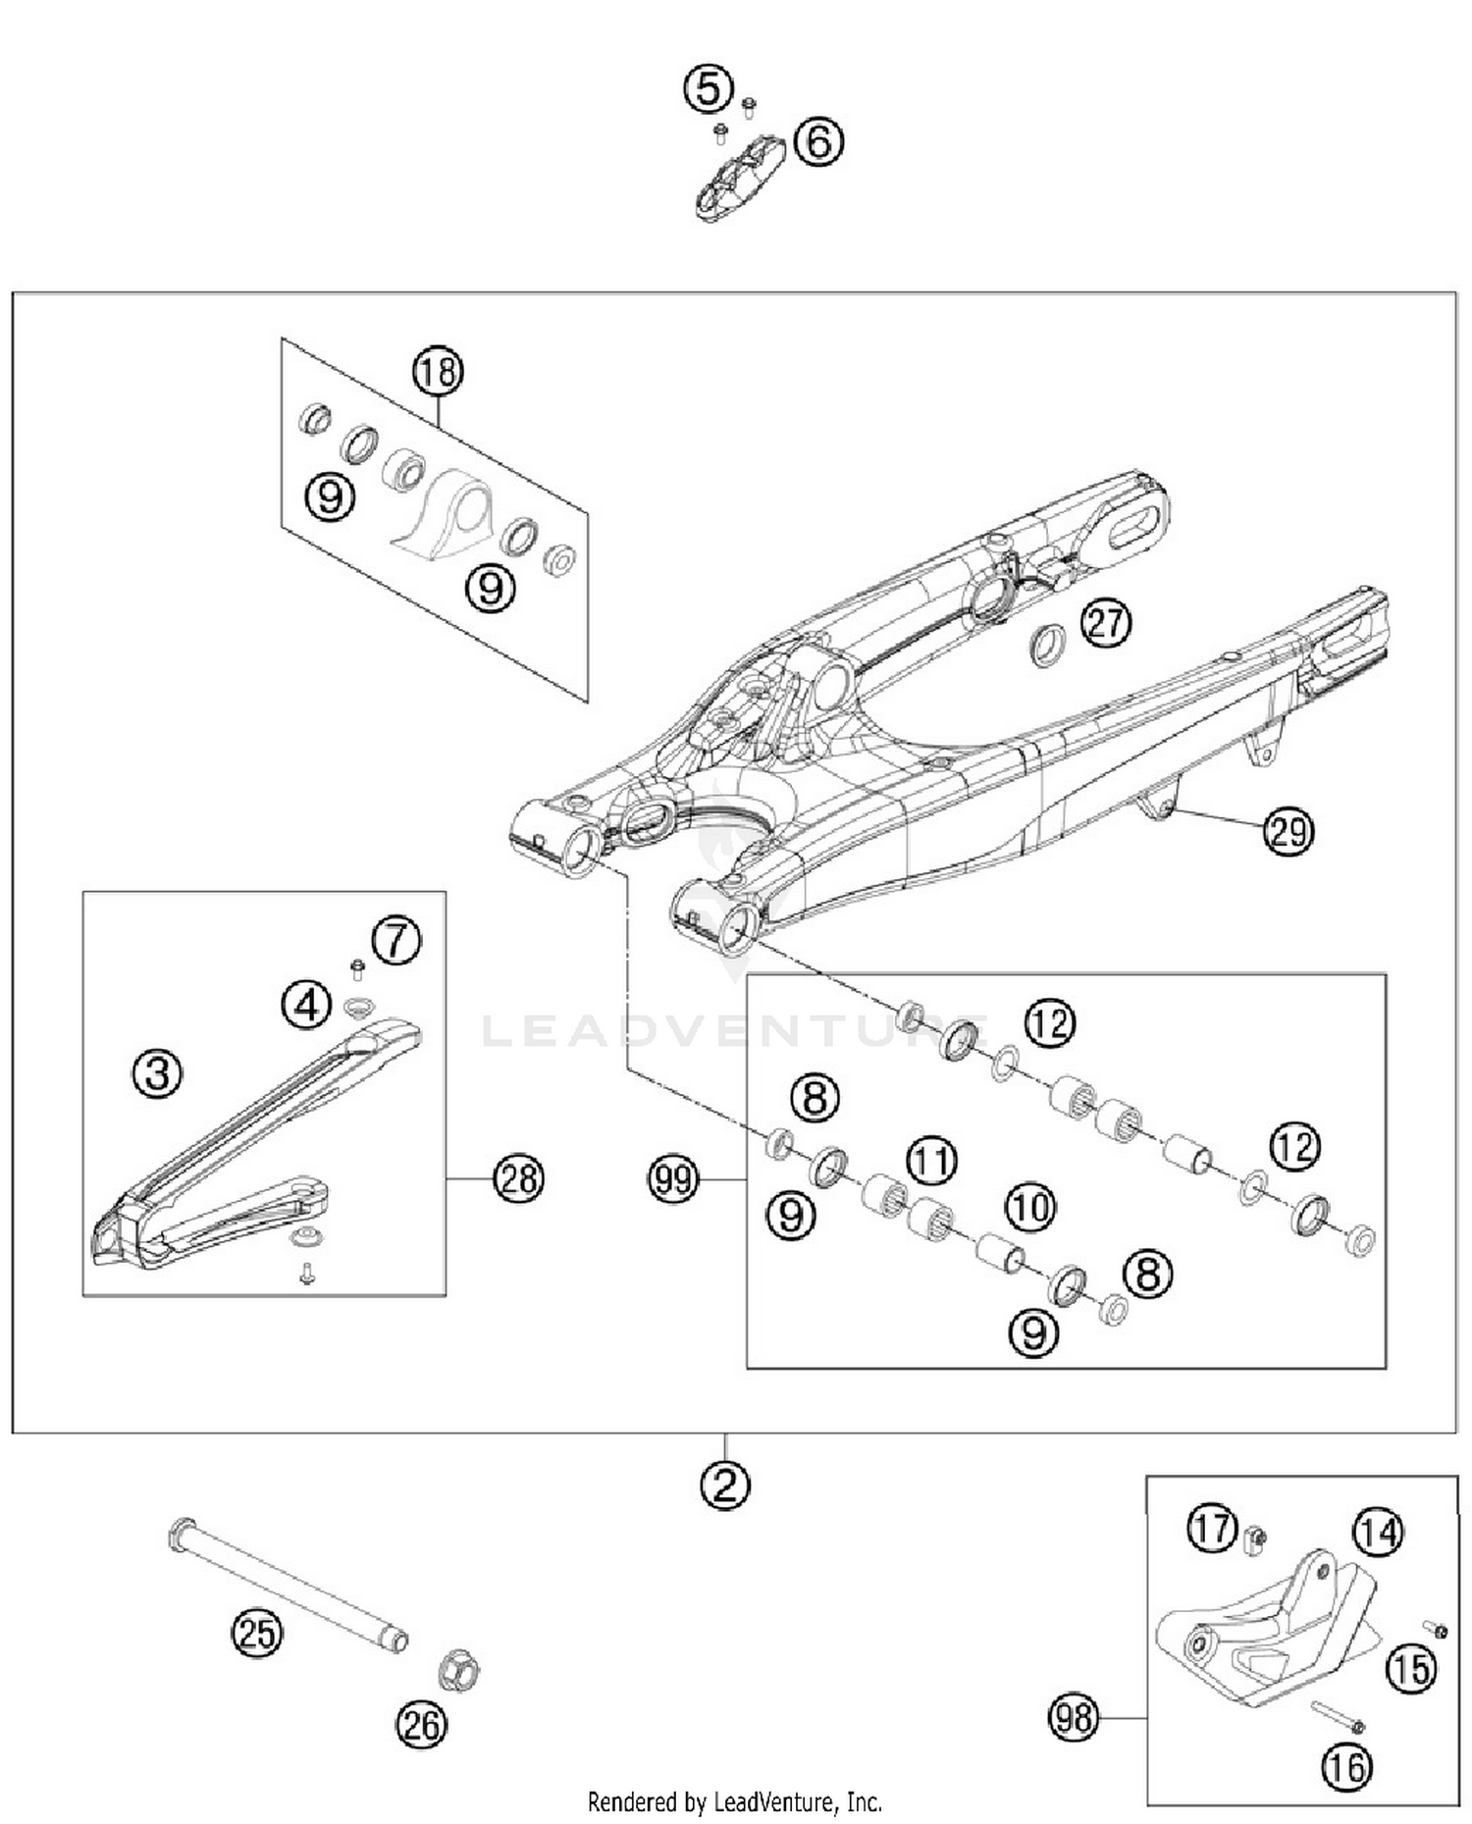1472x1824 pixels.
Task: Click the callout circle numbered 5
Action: coord(708,90)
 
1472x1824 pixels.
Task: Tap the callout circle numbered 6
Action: coord(818,141)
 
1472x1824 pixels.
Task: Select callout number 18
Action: coord(438,372)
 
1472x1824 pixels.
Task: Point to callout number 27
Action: coord(1106,622)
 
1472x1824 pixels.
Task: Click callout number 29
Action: coord(1288,831)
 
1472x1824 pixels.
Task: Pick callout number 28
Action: coord(518,1177)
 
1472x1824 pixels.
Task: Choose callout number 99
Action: coord(673,1177)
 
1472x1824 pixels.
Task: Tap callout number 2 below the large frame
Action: coord(725,1485)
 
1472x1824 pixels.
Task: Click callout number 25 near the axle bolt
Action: coord(257,1634)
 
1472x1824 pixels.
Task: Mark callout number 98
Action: coord(1073,1718)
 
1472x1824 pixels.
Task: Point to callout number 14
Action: coord(1379,1532)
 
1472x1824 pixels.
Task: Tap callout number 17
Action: coord(1212,1528)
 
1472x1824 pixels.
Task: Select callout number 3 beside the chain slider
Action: coord(158,1072)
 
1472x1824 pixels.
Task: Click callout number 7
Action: coord(396,940)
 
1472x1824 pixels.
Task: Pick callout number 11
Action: coord(931,1161)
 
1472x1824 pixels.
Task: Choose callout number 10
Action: coord(1030,1207)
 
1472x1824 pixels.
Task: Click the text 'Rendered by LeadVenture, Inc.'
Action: coord(734,1802)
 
